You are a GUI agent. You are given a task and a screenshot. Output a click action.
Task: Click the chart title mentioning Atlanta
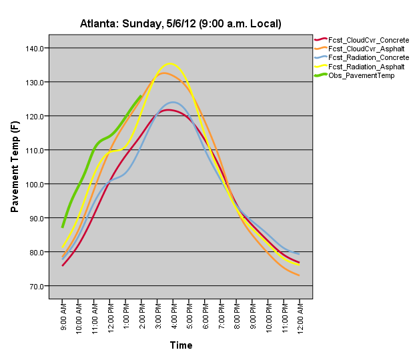tap(181, 24)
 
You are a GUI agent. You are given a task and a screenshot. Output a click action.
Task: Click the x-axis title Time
tap(181, 345)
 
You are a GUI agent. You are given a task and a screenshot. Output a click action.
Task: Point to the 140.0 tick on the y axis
tap(35, 48)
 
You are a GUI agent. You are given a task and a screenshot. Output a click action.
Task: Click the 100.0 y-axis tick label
tap(35, 184)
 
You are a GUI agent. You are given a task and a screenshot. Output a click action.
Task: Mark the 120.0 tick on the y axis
tap(35, 116)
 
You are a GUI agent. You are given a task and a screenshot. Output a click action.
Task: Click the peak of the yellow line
tap(169, 64)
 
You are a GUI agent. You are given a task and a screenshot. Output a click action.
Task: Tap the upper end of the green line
tap(141, 95)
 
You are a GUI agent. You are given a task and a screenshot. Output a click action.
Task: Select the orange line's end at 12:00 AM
tap(298, 275)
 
